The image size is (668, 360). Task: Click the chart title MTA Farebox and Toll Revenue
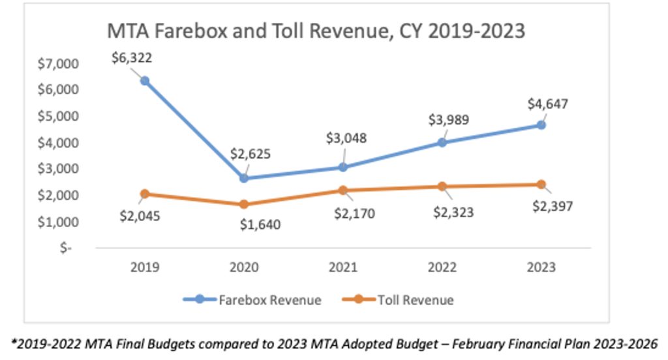pos(316,31)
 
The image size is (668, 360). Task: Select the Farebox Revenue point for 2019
pos(145,81)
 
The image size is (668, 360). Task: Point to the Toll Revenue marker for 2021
pos(343,190)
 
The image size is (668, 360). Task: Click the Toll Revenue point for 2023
pos(541,185)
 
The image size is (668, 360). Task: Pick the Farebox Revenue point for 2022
pos(442,142)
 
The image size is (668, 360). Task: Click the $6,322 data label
pos(132,58)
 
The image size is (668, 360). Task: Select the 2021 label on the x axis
pos(343,267)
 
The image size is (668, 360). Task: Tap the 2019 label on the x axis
pos(145,267)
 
